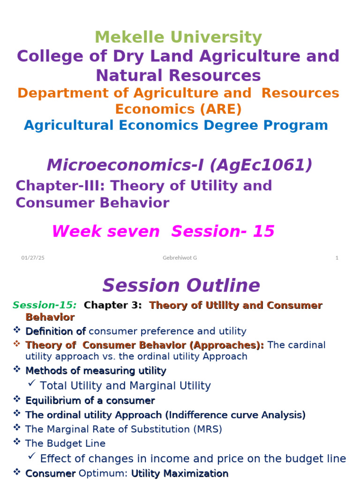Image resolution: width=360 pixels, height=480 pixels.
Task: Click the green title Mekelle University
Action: point(178,37)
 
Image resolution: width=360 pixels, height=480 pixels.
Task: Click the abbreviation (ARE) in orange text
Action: point(218,109)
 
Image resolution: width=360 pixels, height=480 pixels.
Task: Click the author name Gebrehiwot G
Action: point(180,258)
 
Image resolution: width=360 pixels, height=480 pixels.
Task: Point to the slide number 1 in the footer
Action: point(337,258)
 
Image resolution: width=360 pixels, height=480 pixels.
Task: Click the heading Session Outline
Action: point(181,285)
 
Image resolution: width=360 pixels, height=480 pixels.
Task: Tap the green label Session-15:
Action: point(45,306)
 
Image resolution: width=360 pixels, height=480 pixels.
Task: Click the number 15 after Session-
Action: point(263,231)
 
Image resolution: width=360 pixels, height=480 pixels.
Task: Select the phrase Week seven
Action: point(105,231)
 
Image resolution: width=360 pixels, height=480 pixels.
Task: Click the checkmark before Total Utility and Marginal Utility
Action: point(32,384)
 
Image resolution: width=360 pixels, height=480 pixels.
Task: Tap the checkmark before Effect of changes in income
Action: point(32,457)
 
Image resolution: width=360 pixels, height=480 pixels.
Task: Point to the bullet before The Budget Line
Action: point(17,442)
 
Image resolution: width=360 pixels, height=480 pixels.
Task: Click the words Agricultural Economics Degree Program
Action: point(176,125)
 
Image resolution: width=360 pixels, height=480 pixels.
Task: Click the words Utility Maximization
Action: point(180,473)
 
